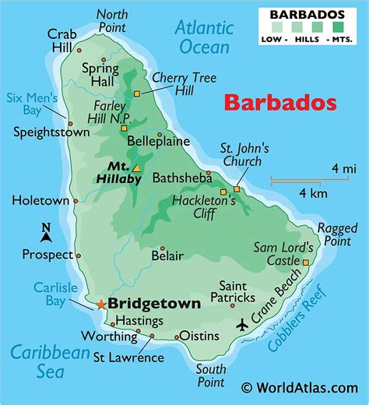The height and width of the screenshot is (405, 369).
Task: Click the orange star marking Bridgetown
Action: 100,304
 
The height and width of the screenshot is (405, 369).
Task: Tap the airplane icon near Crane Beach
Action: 243,322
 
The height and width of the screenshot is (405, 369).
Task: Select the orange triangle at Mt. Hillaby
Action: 136,167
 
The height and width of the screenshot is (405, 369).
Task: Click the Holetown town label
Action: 40,201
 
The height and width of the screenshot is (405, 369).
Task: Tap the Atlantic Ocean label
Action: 202,37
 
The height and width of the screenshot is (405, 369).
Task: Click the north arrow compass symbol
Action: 46,231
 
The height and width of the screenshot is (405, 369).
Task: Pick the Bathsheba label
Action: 181,178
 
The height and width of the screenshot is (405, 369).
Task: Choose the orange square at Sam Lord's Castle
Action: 305,262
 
